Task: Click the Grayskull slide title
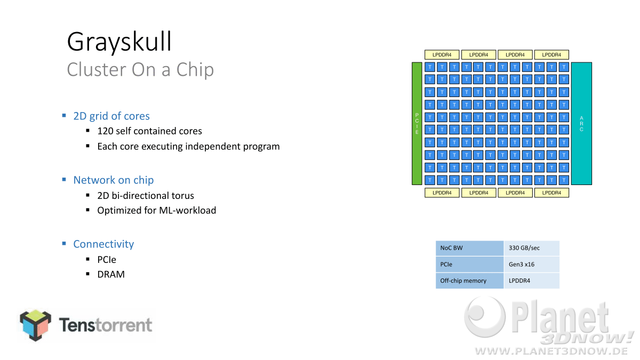coord(119,42)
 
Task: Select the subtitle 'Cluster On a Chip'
coord(140,69)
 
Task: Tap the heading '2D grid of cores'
coord(111,116)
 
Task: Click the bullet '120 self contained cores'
coord(149,131)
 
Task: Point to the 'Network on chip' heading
coord(114,180)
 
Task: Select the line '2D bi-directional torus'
coord(146,195)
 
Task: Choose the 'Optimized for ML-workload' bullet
coord(157,210)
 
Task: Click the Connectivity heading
coord(103,244)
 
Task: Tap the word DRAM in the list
coord(111,274)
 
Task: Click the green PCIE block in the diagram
coord(417,123)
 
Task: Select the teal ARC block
coord(581,123)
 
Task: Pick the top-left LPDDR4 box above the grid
coord(442,54)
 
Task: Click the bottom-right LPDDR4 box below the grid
coord(551,193)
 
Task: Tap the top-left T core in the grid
coord(430,67)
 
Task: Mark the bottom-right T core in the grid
coord(564,180)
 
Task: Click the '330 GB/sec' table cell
coord(532,248)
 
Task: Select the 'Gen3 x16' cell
coord(532,265)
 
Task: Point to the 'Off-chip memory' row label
coord(469,281)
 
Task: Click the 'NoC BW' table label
coord(469,248)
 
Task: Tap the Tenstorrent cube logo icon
coord(36,325)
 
